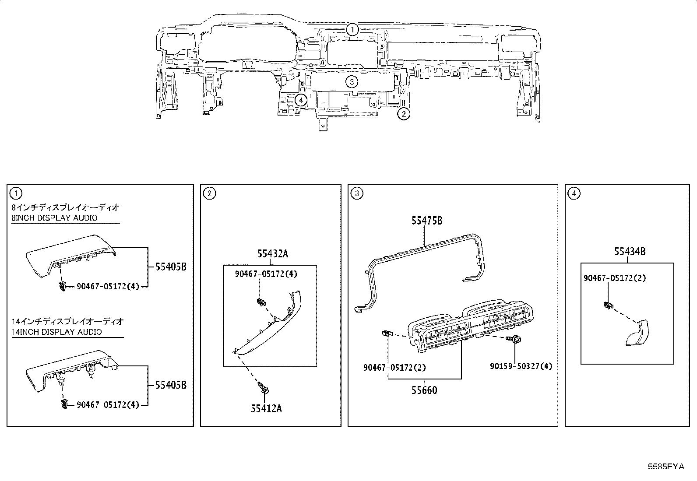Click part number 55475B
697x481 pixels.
click(x=426, y=221)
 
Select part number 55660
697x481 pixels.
click(x=424, y=390)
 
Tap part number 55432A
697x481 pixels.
click(x=272, y=254)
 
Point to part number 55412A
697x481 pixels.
click(x=266, y=408)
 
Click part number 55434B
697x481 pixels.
click(x=630, y=251)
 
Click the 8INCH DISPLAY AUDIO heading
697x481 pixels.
click(x=54, y=218)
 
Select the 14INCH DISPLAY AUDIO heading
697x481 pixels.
click(x=56, y=332)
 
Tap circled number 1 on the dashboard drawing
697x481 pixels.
click(x=352, y=30)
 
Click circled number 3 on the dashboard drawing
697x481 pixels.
click(x=352, y=81)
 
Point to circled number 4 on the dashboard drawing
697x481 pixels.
click(x=300, y=100)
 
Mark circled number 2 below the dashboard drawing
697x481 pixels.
click(x=403, y=114)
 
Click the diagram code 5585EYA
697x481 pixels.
click(x=665, y=467)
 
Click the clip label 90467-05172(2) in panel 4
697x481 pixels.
click(x=614, y=278)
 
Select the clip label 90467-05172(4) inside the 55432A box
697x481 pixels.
click(x=266, y=274)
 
